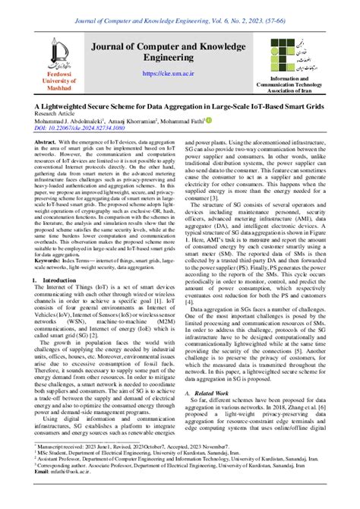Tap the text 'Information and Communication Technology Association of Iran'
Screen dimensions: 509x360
click(x=316, y=84)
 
